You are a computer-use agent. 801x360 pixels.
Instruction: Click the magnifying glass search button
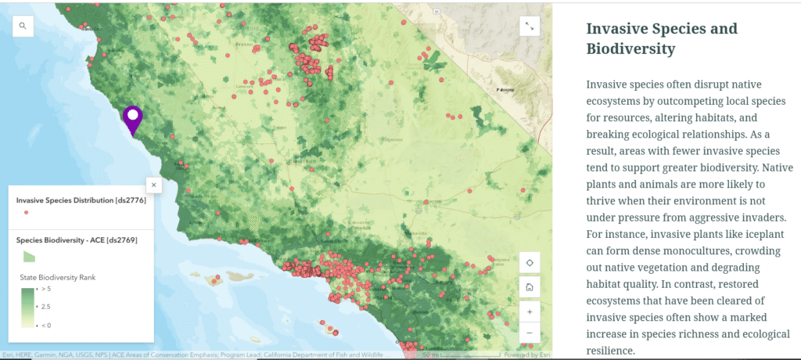click(x=23, y=26)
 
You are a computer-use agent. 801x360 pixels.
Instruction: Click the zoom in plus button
click(x=530, y=311)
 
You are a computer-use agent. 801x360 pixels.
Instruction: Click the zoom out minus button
click(x=530, y=333)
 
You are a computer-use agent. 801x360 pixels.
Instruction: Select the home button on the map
click(x=530, y=286)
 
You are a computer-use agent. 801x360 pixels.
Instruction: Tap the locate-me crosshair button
click(x=530, y=263)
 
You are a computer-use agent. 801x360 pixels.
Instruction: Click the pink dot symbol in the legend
click(x=27, y=212)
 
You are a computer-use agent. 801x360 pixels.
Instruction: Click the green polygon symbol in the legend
click(x=27, y=255)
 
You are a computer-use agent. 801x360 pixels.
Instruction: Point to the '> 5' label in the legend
click(x=45, y=289)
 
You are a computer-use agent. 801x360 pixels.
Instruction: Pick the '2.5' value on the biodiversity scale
click(x=45, y=307)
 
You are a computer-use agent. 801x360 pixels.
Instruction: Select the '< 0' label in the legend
click(x=45, y=325)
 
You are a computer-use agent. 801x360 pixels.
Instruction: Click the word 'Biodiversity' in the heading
click(x=631, y=49)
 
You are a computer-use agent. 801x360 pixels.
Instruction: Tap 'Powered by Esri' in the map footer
click(x=527, y=355)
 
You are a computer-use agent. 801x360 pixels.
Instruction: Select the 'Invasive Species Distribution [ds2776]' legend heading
click(x=81, y=200)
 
